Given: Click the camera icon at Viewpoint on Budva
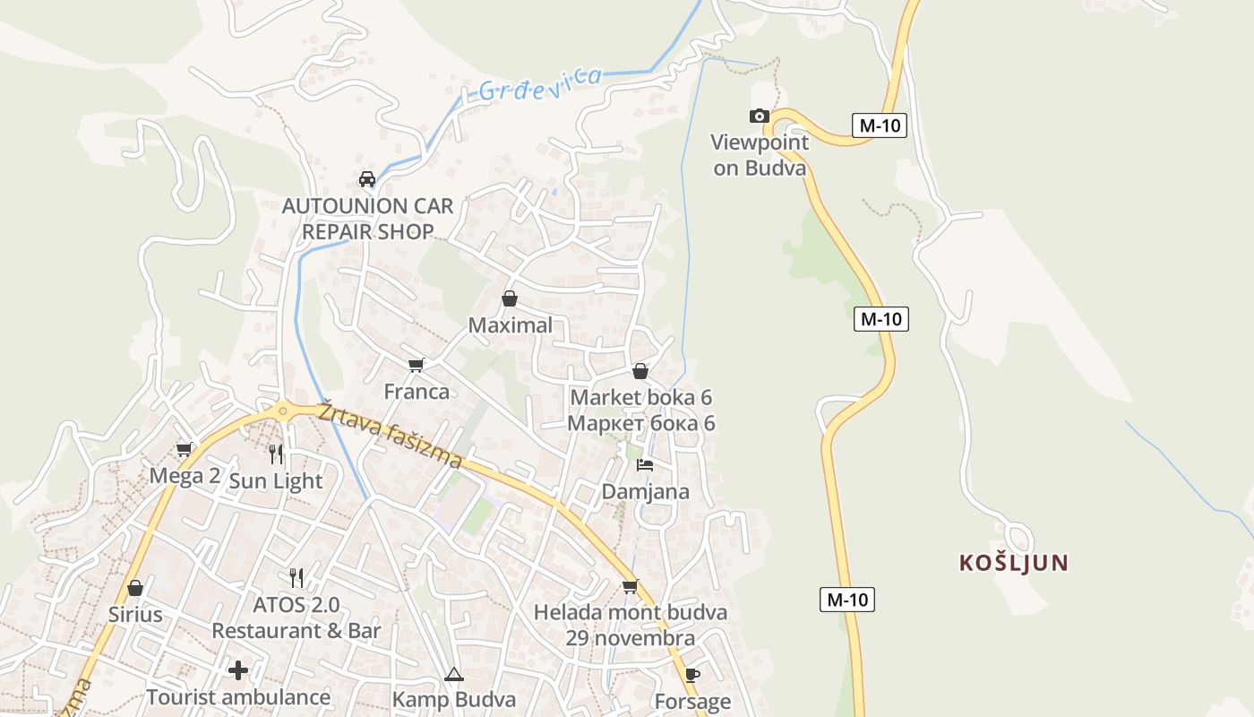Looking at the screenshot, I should (x=759, y=116).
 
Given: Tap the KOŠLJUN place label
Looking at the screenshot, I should (x=1014, y=563).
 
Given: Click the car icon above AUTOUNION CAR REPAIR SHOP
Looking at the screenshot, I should (x=367, y=178).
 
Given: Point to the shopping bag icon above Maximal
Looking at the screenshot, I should (x=510, y=298).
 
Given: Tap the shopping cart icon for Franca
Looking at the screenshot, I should (x=416, y=365).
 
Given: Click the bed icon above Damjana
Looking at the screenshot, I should (x=645, y=464).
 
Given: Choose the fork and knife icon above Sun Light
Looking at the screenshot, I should (x=276, y=454).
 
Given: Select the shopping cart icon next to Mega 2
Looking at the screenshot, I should (x=185, y=449).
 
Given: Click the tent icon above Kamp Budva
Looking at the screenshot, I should (x=454, y=674).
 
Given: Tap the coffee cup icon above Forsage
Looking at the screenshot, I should (x=691, y=674).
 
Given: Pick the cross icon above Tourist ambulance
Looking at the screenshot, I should (x=238, y=669).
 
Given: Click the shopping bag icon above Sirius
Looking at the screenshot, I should (x=135, y=588).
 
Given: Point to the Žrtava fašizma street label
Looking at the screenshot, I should (x=390, y=435).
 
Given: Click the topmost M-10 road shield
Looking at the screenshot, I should (x=880, y=125).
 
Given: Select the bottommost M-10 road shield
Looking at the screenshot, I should (x=846, y=600).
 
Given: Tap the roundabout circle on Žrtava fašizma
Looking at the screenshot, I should (x=283, y=412).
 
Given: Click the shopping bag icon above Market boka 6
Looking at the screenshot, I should (x=640, y=370).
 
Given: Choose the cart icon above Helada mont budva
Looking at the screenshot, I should (x=631, y=586).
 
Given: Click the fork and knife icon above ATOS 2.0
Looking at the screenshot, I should (x=296, y=577).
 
